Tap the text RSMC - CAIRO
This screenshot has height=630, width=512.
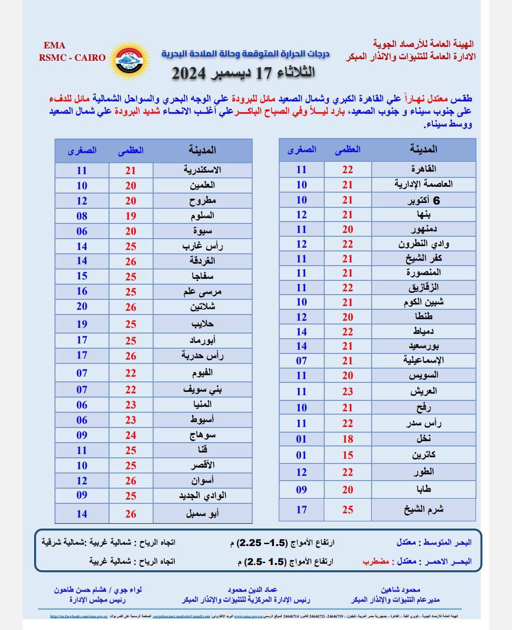tap(73, 57)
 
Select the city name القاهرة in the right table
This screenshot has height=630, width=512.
tap(423, 169)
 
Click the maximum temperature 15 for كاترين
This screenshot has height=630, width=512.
tap(347, 455)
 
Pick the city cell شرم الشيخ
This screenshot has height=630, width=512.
tap(423, 510)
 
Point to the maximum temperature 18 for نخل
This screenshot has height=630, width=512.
tap(347, 439)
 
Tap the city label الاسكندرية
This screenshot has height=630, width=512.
tap(202, 170)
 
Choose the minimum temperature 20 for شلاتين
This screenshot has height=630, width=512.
tap(82, 306)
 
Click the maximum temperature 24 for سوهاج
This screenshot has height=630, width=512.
tap(131, 435)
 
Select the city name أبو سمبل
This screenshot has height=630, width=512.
tap(202, 513)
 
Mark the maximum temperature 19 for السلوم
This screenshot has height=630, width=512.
tap(131, 216)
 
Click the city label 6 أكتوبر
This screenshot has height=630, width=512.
tap(423, 200)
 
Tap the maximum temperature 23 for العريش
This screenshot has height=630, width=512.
tap(347, 391)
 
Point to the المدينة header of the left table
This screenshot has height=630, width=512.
tap(202, 150)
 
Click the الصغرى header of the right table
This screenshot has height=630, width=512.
tap(302, 149)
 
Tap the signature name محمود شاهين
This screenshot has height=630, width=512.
tap(400, 590)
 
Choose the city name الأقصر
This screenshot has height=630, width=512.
tap(202, 465)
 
